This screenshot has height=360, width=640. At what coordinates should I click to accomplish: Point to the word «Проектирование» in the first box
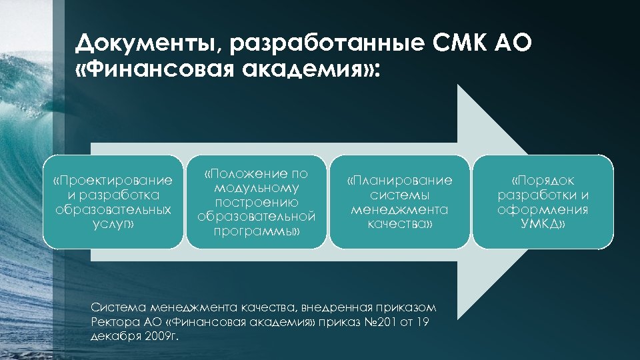point(113,181)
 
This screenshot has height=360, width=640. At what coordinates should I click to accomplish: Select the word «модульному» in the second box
point(257,188)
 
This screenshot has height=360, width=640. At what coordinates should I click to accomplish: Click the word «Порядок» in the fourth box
point(543,181)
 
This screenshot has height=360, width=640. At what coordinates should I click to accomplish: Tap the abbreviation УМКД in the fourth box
point(543,225)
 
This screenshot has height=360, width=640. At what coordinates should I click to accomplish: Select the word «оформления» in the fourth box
point(543,210)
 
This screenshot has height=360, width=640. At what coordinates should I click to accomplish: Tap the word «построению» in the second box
point(257,203)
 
